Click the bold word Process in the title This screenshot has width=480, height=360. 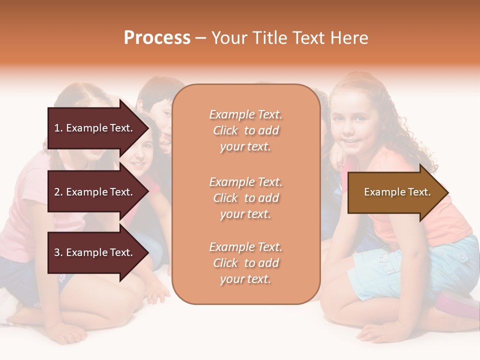click(157, 38)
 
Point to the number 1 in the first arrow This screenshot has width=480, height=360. click(57, 128)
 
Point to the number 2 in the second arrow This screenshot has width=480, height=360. click(57, 192)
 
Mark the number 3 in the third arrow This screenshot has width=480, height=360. click(57, 252)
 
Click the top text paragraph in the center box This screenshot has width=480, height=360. click(245, 130)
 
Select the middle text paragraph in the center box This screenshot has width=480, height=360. click(245, 198)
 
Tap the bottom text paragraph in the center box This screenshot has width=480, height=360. click(245, 263)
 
